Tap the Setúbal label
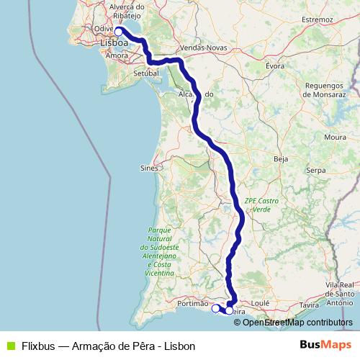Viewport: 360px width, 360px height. click(146, 73)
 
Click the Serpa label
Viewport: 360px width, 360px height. click(317, 171)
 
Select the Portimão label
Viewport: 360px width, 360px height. click(191, 305)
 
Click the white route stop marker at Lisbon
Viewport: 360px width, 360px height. click(119, 31)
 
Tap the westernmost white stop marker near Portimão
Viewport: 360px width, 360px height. click(215, 308)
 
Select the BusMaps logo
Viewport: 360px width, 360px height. click(328, 345)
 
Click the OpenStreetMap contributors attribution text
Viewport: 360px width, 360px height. click(292, 323)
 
